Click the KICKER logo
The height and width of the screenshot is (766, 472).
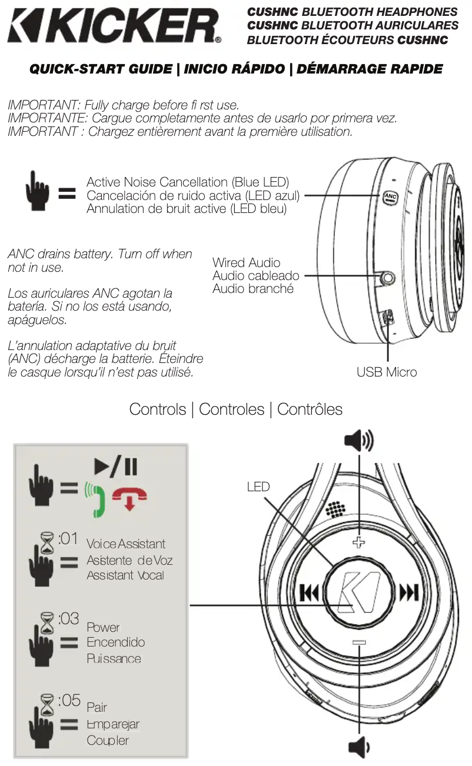pos(114,26)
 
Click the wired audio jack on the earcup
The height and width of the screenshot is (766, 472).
pos(387,276)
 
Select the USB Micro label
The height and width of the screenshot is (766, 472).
pos(387,372)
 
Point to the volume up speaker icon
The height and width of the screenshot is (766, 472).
pos(359,440)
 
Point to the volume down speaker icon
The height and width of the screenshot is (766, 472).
pos(358,748)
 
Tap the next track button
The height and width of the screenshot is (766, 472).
pos(409,592)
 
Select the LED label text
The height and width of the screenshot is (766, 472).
pos(258,487)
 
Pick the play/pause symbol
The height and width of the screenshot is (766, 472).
pos(116,467)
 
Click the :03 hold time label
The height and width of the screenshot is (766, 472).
pos(69,618)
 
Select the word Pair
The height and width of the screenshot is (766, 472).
pos(97,707)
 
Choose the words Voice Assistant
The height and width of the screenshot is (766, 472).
pos(126,544)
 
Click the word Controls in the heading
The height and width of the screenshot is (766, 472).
pos(158,409)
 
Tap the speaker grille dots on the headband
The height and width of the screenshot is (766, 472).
pos(335,509)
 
